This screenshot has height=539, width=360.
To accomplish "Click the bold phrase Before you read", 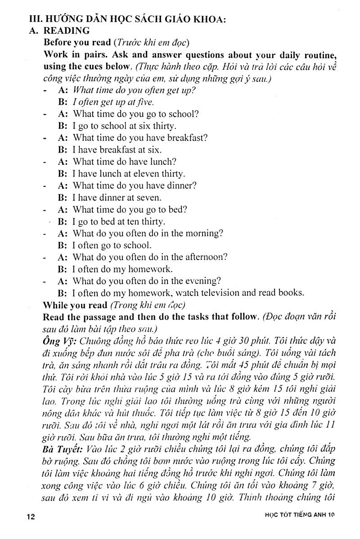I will click(77, 43).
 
